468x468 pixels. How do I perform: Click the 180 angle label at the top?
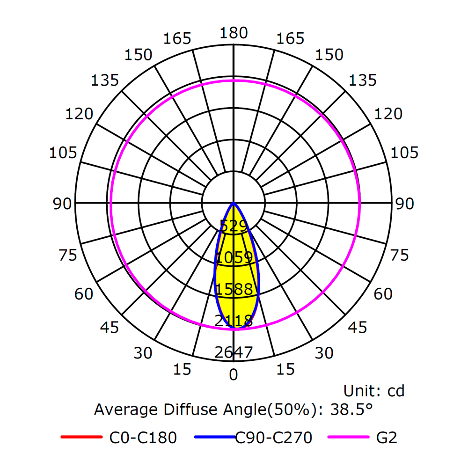click(234, 33)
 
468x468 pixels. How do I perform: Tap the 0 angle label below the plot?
click(234, 374)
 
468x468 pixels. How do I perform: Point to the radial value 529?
click(234, 226)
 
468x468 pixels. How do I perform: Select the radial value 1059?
click(234, 257)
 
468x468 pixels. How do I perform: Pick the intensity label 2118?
click(234, 321)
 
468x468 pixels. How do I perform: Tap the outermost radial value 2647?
click(234, 352)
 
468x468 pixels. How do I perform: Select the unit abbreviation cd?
click(395, 391)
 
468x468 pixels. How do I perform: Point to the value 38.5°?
click(351, 409)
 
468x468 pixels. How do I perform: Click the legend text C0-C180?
click(143, 438)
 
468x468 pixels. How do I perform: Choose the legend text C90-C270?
click(273, 438)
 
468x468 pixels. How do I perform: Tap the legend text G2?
click(387, 438)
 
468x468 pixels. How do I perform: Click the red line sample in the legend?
click(81, 438)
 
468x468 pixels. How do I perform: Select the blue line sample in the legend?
click(214, 438)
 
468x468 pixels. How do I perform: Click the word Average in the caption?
click(126, 409)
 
